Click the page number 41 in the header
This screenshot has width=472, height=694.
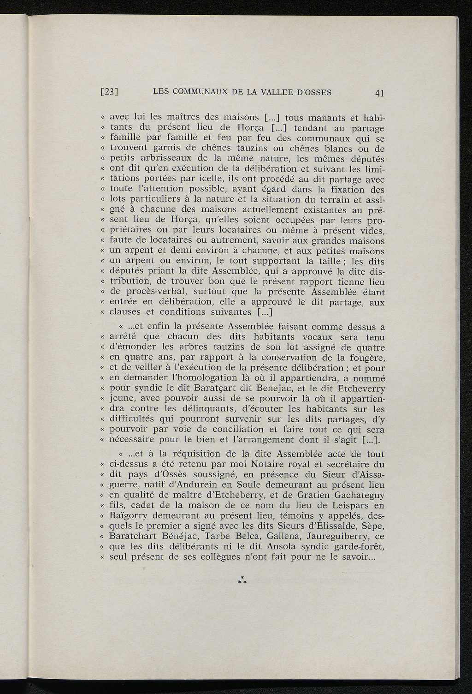(379, 93)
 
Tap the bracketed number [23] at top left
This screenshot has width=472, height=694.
(110, 92)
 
